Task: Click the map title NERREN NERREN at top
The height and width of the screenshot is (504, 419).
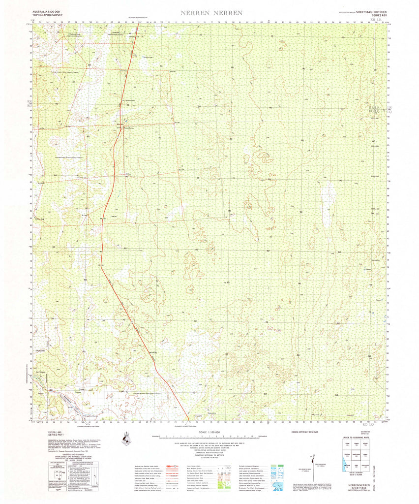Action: point(211,13)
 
